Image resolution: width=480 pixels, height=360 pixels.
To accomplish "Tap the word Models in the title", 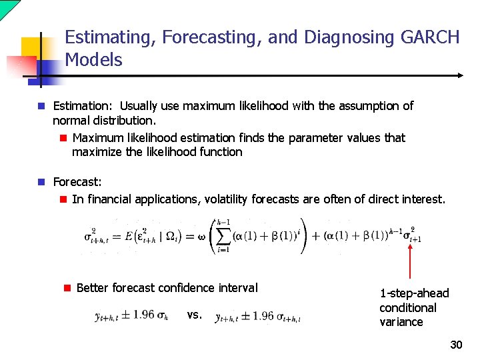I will [x=93, y=60].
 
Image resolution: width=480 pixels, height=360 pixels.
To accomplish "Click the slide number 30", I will [x=456, y=345].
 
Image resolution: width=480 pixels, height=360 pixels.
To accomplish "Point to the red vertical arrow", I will [x=410, y=261].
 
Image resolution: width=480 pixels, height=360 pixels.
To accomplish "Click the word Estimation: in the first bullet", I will [x=83, y=106].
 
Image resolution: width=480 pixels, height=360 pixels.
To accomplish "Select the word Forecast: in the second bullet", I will [x=77, y=181].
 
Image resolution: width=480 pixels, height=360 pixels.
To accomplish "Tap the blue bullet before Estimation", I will [x=41, y=106].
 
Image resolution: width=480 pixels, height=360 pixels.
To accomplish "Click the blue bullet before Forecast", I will [x=41, y=181].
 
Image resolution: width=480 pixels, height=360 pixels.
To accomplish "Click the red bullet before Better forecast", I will [x=67, y=288].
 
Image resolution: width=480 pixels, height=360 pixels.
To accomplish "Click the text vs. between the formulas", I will [x=195, y=315].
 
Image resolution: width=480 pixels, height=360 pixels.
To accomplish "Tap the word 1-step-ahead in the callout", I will [x=414, y=293].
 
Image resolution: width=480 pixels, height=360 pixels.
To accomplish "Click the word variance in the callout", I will [x=401, y=322].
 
